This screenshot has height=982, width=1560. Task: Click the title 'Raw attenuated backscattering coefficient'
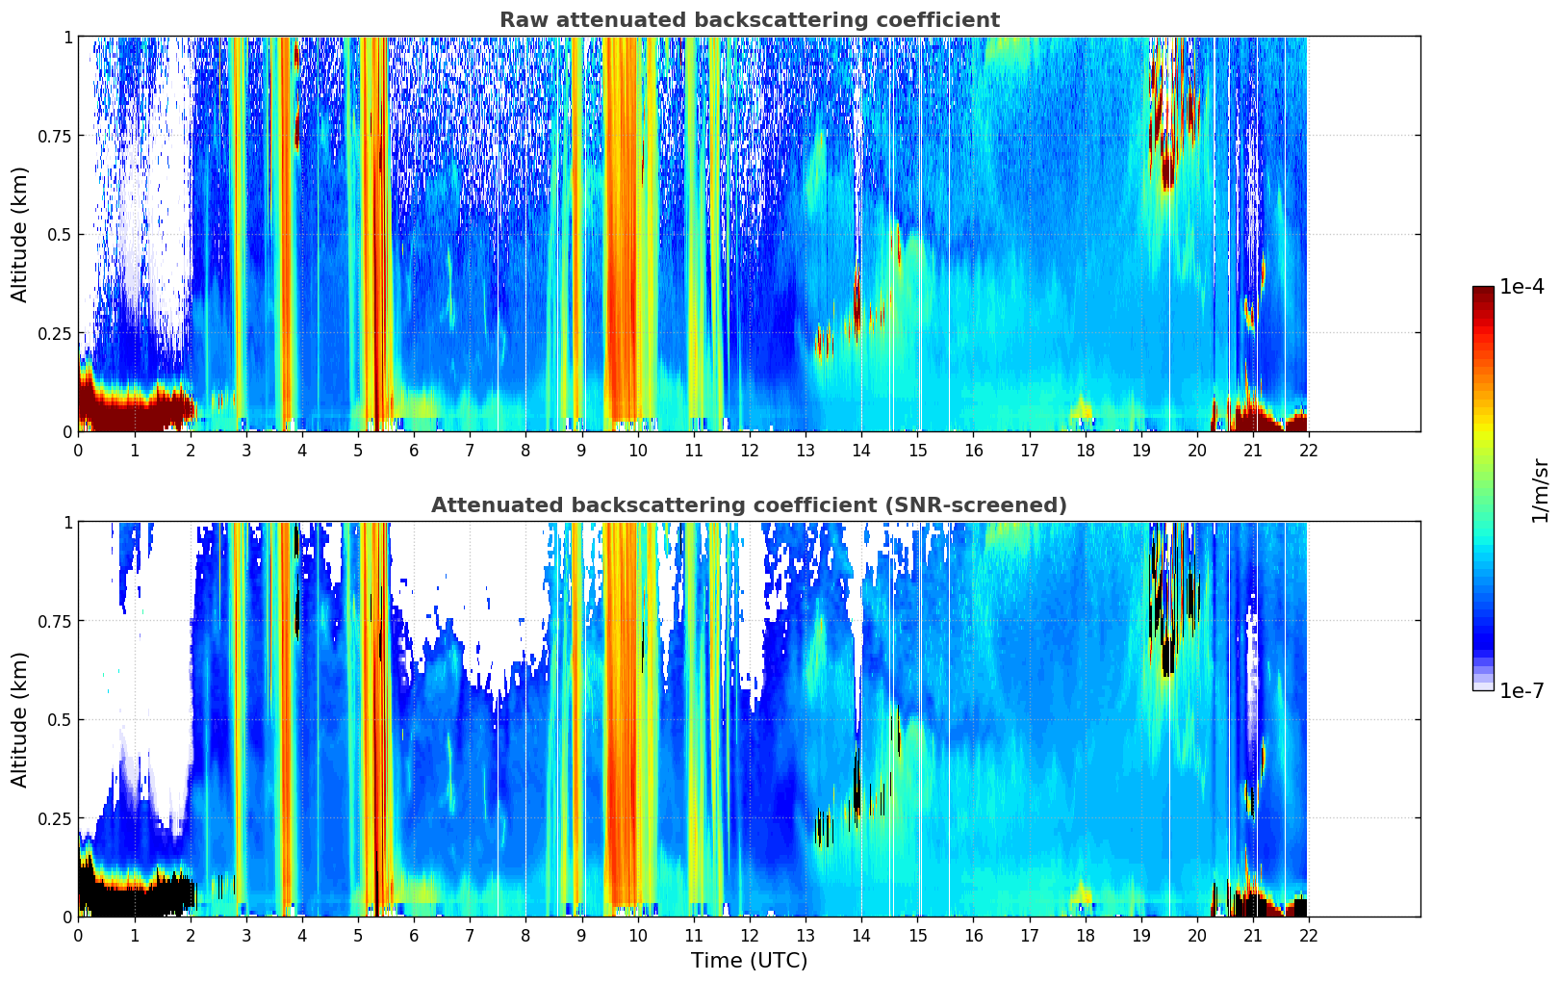coord(749,20)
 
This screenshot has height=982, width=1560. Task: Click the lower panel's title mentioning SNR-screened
coord(749,505)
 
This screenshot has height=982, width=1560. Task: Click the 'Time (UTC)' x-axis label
coord(749,961)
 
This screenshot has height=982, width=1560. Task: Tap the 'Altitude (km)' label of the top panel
coord(20,234)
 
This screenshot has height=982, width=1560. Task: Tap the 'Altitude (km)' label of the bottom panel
coord(20,719)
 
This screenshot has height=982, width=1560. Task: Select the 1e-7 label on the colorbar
coord(1522,690)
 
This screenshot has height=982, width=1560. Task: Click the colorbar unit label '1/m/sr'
coord(1540,491)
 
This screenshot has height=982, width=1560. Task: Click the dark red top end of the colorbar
coord(1483,292)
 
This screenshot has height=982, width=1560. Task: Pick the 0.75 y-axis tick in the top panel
coord(54,136)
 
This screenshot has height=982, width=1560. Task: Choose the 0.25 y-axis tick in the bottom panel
coord(54,818)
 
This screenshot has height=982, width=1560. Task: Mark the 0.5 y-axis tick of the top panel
coord(60,235)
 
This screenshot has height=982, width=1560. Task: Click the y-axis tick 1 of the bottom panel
coord(67,523)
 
